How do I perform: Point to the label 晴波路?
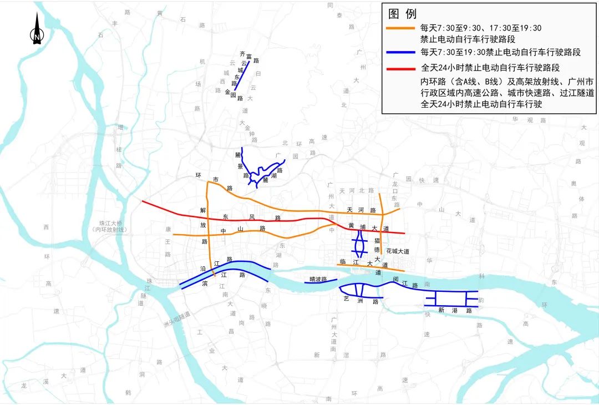[318, 279]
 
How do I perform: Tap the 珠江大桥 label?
[110, 222]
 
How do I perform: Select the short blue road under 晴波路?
[321, 283]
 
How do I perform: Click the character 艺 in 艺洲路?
[346, 298]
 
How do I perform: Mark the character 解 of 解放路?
[203, 210]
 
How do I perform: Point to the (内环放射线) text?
[110, 230]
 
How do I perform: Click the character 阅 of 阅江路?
[395, 279]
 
